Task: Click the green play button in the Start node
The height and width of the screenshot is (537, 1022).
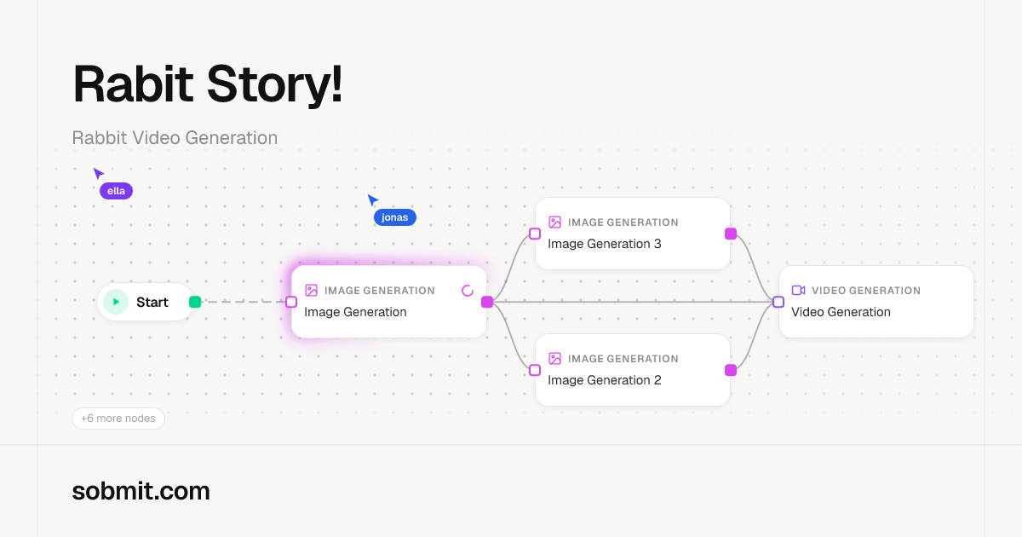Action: (x=116, y=302)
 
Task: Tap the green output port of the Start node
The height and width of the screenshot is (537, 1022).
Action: (x=195, y=302)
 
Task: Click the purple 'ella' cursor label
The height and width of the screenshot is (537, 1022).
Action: (x=117, y=191)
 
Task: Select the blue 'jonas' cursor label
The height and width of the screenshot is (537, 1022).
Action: (x=394, y=217)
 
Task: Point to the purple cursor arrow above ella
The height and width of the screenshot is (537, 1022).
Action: (x=98, y=173)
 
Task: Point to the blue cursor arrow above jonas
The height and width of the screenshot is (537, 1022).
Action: (x=372, y=199)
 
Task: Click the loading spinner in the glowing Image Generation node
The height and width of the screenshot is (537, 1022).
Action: (x=468, y=291)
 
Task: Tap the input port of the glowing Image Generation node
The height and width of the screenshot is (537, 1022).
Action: (x=291, y=302)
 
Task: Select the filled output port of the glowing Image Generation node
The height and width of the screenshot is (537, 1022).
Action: (x=487, y=302)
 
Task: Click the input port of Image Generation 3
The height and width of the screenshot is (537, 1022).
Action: (x=535, y=234)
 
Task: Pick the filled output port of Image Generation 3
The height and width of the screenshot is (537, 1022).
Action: (x=731, y=234)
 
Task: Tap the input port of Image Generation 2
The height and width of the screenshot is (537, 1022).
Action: (x=535, y=370)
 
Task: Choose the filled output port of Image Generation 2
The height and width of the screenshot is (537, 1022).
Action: (x=731, y=370)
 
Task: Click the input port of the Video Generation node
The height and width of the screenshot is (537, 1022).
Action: (x=778, y=302)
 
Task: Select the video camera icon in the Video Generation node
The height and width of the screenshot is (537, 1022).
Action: (x=799, y=291)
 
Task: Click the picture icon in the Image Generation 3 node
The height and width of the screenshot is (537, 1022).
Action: (x=554, y=222)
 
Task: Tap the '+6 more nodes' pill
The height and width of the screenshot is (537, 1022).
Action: (x=118, y=419)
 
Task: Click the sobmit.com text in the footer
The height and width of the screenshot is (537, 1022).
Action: (x=141, y=491)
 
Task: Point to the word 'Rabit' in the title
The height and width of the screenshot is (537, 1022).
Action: (x=133, y=84)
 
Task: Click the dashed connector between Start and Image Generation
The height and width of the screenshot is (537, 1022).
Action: (x=244, y=302)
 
